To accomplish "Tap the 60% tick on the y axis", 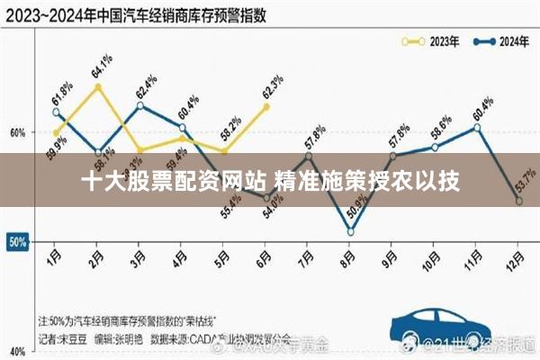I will [x=17, y=132].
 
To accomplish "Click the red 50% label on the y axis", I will [x=17, y=242].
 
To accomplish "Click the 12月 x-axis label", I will [x=519, y=261].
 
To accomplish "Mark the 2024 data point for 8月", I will [x=350, y=231].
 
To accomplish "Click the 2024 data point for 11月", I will [x=477, y=128].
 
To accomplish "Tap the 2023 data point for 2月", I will [x=97, y=87].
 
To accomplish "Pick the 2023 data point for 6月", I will [x=266, y=107].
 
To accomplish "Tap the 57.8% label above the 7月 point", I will [x=314, y=135].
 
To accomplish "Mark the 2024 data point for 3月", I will [x=139, y=106].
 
